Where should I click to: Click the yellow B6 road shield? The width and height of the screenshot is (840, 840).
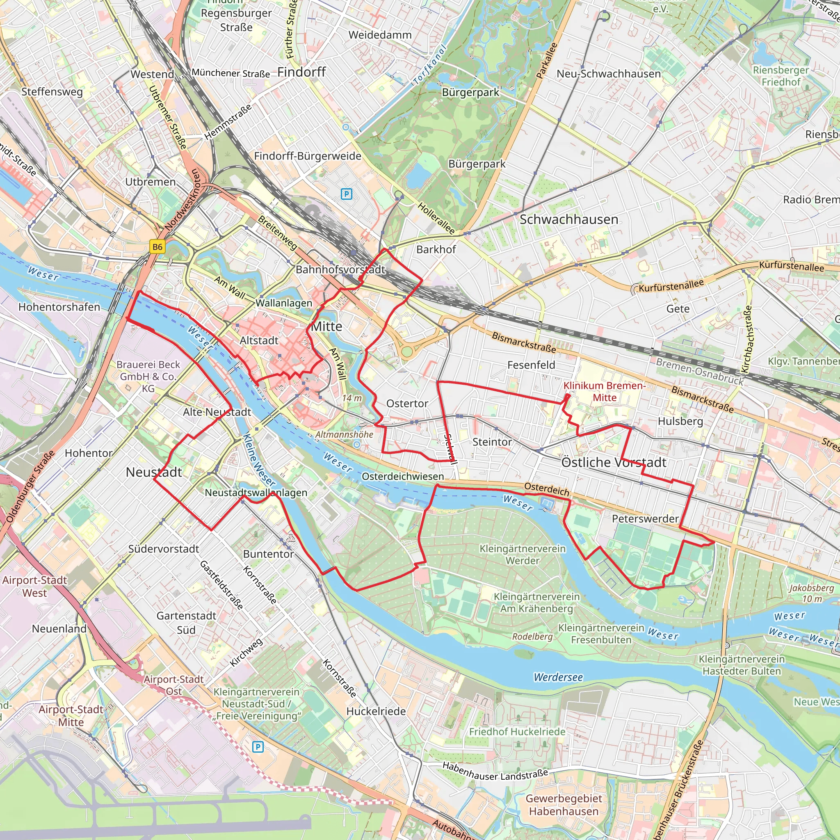click(157, 247)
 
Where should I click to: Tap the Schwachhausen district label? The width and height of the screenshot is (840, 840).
click(569, 219)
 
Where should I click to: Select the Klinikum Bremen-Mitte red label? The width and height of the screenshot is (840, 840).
click(604, 391)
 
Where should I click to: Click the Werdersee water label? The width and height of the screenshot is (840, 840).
click(558, 677)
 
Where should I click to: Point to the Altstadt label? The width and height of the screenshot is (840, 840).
click(259, 340)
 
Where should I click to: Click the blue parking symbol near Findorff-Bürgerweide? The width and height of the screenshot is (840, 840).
click(346, 194)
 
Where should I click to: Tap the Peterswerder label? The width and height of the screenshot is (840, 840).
click(645, 519)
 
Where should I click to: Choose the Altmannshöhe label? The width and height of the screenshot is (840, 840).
click(345, 434)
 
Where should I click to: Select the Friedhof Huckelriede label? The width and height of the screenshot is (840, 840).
click(517, 732)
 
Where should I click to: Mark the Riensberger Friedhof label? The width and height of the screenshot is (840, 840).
click(781, 76)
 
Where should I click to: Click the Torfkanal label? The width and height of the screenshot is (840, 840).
click(430, 65)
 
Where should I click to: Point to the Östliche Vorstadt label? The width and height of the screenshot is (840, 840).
click(614, 462)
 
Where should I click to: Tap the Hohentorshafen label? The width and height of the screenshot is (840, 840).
click(59, 307)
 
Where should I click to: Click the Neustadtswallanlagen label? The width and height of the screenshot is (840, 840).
click(256, 493)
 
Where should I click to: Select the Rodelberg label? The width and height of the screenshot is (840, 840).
click(532, 637)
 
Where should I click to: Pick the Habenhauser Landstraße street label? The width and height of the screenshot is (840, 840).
click(495, 772)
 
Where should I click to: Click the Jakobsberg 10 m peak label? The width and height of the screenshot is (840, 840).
click(812, 593)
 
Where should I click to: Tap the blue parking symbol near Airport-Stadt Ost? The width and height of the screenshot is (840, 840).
click(258, 747)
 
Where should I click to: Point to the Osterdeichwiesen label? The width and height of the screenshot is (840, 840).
click(403, 477)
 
